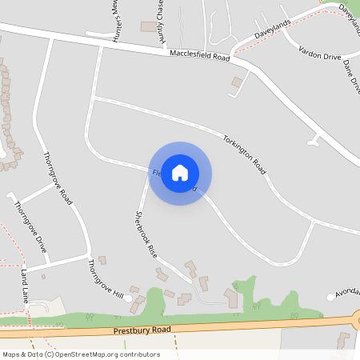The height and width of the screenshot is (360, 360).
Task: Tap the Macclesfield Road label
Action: click(x=200, y=57)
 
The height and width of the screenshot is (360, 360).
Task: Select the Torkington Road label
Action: click(x=244, y=154)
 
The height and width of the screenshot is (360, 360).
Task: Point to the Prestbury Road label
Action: click(x=142, y=330)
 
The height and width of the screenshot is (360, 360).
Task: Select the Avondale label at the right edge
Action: click(x=347, y=292)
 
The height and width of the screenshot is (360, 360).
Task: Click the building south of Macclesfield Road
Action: click(x=237, y=82)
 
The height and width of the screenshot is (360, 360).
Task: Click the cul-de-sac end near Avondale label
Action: click(x=331, y=298)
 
